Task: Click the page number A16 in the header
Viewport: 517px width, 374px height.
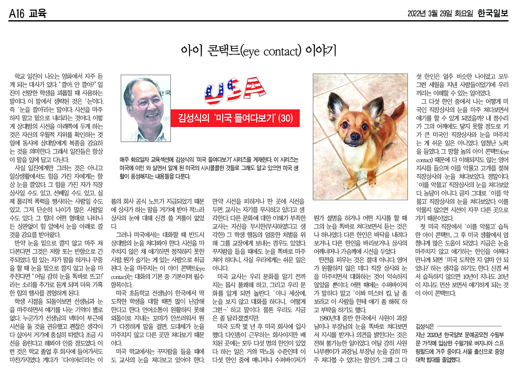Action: pos(17,14)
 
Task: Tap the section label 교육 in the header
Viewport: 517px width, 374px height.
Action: pos(38,14)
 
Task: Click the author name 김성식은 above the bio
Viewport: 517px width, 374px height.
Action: pos(425,326)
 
